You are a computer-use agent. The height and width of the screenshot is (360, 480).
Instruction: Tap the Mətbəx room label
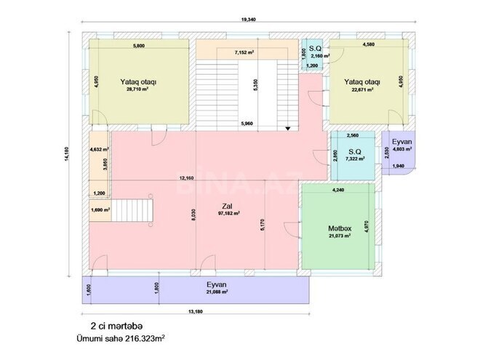[x=340, y=228]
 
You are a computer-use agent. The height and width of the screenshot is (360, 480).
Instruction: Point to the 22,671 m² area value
[x=361, y=89]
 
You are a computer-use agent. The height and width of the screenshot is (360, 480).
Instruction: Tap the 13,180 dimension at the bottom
[x=195, y=312]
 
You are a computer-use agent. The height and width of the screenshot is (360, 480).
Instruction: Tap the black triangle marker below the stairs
[x=289, y=128]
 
